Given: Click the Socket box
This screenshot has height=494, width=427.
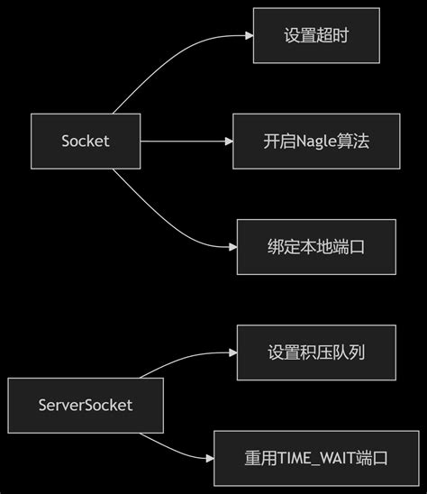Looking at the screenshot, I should pos(86,141).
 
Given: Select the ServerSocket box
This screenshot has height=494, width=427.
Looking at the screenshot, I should pos(86,405).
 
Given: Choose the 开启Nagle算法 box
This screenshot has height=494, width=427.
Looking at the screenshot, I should pos(316,141).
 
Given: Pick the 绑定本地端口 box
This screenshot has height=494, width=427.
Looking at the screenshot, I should pos(315,246).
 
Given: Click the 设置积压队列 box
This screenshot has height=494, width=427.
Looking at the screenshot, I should pos(315,352).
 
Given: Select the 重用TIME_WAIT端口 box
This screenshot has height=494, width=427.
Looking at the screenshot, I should pos(315,458).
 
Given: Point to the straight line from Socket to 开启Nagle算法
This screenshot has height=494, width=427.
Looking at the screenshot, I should pos(185,141).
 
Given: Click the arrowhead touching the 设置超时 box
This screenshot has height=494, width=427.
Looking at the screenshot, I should pos(248,36).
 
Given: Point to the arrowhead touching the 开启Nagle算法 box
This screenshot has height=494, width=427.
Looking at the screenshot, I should pos(228,141).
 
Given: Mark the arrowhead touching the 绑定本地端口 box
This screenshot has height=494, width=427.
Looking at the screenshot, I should pos(232,246).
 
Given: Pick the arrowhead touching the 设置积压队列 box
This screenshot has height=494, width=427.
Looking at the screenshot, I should pos(232,352).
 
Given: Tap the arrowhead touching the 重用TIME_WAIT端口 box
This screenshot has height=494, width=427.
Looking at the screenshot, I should pos(209,458).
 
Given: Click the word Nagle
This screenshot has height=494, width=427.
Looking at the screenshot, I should pos(313,142).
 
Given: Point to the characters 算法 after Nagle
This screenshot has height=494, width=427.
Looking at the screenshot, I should pos(353,142).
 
